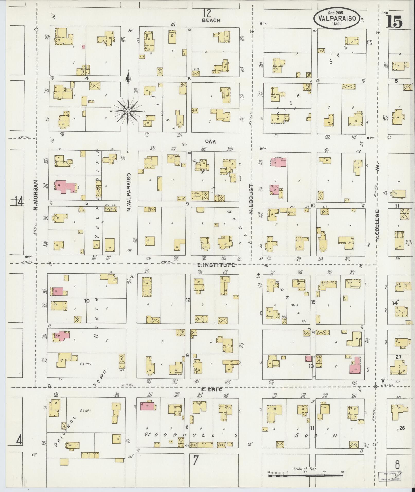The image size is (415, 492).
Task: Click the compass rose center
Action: click(x=128, y=111)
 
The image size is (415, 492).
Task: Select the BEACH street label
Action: click(x=211, y=20)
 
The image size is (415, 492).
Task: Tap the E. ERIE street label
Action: click(x=208, y=397)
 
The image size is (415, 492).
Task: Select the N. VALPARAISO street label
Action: click(x=128, y=192)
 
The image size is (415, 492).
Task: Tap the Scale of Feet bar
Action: click(x=306, y=476)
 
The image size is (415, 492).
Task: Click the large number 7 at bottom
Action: click(x=196, y=460)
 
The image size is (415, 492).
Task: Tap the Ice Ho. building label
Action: click(x=182, y=198)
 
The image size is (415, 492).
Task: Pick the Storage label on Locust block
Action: click(x=292, y=212)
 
